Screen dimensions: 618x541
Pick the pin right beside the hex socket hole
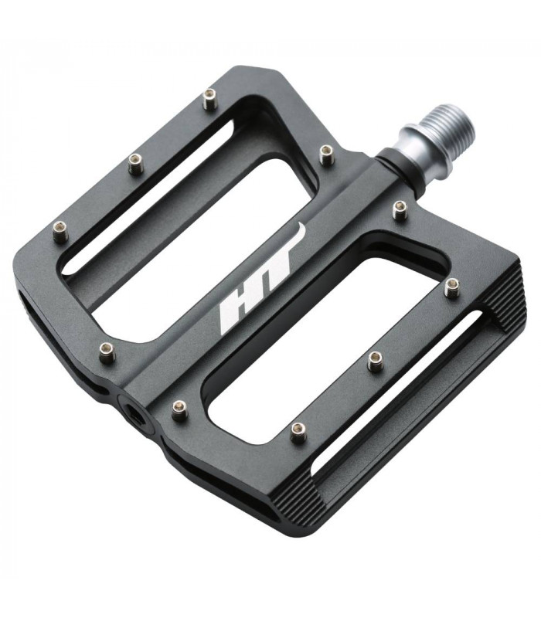(180, 409)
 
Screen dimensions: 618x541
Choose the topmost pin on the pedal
(209, 98)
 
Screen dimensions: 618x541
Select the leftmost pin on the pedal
(60, 230)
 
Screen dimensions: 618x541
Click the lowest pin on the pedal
(298, 432)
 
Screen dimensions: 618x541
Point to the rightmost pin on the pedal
(452, 288)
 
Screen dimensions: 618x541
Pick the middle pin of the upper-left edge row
(136, 162)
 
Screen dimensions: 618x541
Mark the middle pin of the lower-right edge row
(376, 360)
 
